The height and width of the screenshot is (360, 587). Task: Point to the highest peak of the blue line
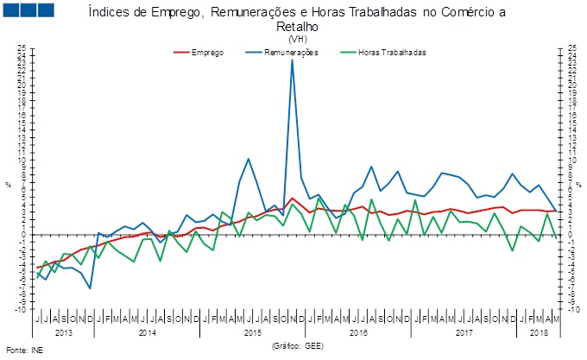point(293,60)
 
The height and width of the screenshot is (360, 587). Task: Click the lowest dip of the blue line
point(90,288)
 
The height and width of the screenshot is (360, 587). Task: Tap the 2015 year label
point(254,332)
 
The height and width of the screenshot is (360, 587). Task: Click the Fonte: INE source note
point(23,351)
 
